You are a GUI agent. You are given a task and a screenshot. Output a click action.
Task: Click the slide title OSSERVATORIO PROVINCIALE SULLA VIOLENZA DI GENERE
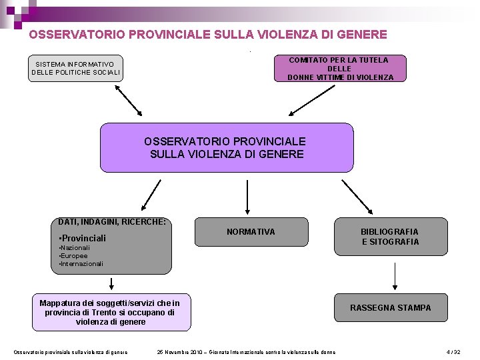208,34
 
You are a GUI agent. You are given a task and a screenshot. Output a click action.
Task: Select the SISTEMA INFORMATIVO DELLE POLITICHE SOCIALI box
76,68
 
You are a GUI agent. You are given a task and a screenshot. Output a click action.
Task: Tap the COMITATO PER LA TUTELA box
340,68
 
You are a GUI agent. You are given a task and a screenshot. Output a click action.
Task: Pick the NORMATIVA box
251,232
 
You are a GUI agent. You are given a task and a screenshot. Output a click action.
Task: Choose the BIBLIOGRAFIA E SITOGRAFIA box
391,237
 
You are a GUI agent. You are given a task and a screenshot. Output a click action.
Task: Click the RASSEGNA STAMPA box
391,308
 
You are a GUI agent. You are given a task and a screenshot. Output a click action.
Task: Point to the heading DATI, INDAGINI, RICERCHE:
112,221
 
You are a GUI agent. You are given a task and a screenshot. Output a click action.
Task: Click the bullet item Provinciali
84,238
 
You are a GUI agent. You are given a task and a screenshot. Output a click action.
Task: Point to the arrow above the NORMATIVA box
247,197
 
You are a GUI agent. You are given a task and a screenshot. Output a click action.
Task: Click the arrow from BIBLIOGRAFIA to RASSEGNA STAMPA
395,275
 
